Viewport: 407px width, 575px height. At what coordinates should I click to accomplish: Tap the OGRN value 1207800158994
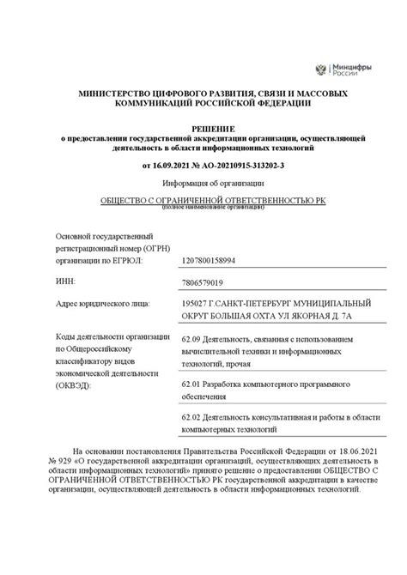(209, 257)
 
